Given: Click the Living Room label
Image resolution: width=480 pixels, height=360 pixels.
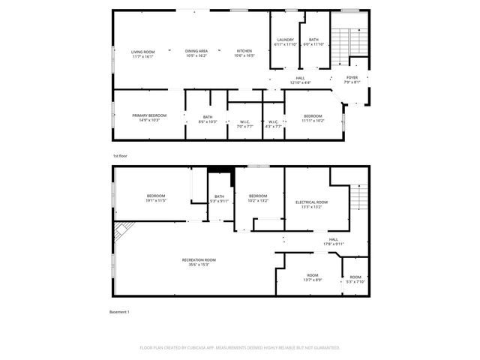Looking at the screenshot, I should point(142,53).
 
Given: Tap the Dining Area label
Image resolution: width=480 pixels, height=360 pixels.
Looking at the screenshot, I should point(196,53).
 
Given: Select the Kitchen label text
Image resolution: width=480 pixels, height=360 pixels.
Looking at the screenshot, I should point(244,53).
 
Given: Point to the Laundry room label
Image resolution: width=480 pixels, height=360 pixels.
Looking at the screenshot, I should point(285,42).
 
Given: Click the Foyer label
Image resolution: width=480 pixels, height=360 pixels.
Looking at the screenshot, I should point(352,79).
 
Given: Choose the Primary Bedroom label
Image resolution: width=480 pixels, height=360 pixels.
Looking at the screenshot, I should point(149,118).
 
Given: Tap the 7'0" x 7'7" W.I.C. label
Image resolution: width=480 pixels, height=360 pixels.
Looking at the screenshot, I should point(244,124).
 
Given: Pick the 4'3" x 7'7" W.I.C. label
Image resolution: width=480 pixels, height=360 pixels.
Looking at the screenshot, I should point(274,124).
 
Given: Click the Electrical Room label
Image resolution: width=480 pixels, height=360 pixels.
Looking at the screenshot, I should point(311,205).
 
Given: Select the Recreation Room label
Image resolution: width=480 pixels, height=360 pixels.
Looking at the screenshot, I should point(199,262).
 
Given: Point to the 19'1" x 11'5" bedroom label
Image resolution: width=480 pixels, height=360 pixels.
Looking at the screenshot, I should point(155,199).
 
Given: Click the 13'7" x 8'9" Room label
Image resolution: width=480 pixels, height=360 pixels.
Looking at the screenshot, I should point(313,277).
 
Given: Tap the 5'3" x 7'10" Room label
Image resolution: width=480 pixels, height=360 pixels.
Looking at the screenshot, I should point(355,279).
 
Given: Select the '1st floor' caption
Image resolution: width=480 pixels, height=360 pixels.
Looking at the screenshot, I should point(121,156).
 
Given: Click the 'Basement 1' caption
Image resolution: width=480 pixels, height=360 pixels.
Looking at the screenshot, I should point(120,312).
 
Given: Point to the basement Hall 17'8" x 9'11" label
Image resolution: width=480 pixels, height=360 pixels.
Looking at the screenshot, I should point(334,241).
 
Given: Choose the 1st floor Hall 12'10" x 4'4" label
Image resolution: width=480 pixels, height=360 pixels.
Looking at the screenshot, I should point(300,79).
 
